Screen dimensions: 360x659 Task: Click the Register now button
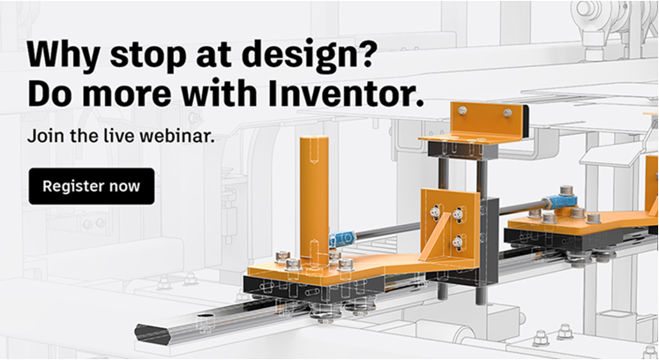[x=92, y=186]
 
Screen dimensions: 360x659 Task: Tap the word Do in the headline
[x=49, y=94]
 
